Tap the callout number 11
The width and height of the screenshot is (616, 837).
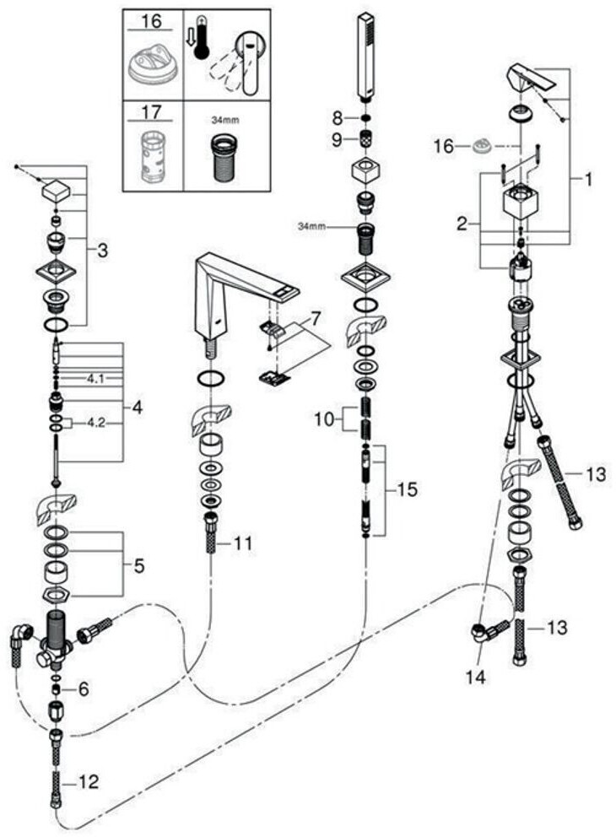pyautogui.click(x=243, y=544)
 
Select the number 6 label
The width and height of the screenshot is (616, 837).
pyautogui.click(x=84, y=688)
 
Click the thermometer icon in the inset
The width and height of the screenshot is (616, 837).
pyautogui.click(x=200, y=41)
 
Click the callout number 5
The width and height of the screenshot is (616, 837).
pyautogui.click(x=138, y=564)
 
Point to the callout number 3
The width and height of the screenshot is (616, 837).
pyautogui.click(x=103, y=251)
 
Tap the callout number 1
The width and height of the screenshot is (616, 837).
pyautogui.click(x=587, y=178)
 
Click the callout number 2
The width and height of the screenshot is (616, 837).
pyautogui.click(x=462, y=224)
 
